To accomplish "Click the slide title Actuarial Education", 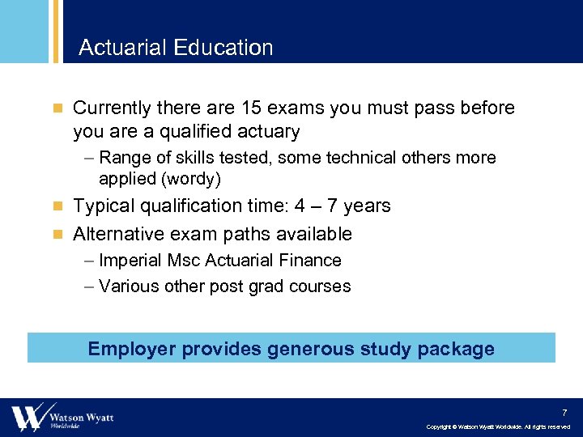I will tap(176, 48).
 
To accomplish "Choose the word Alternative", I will tap(121, 235).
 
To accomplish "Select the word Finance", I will tap(311, 261).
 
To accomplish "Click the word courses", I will tap(321, 286).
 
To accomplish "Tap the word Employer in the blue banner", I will tap(131, 350).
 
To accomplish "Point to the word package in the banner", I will tap(456, 350).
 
